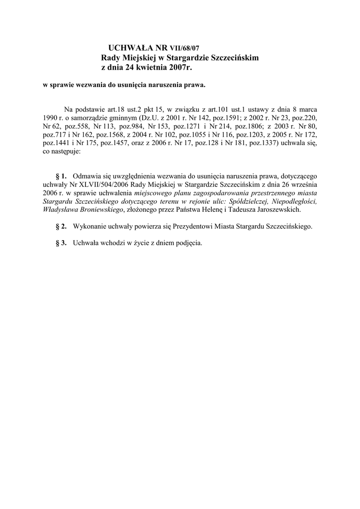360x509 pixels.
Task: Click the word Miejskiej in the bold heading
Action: tap(142, 58)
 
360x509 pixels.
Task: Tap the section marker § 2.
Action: tap(61, 227)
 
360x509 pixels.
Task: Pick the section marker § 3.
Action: tap(61, 244)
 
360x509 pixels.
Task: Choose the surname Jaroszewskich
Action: tap(276, 210)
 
